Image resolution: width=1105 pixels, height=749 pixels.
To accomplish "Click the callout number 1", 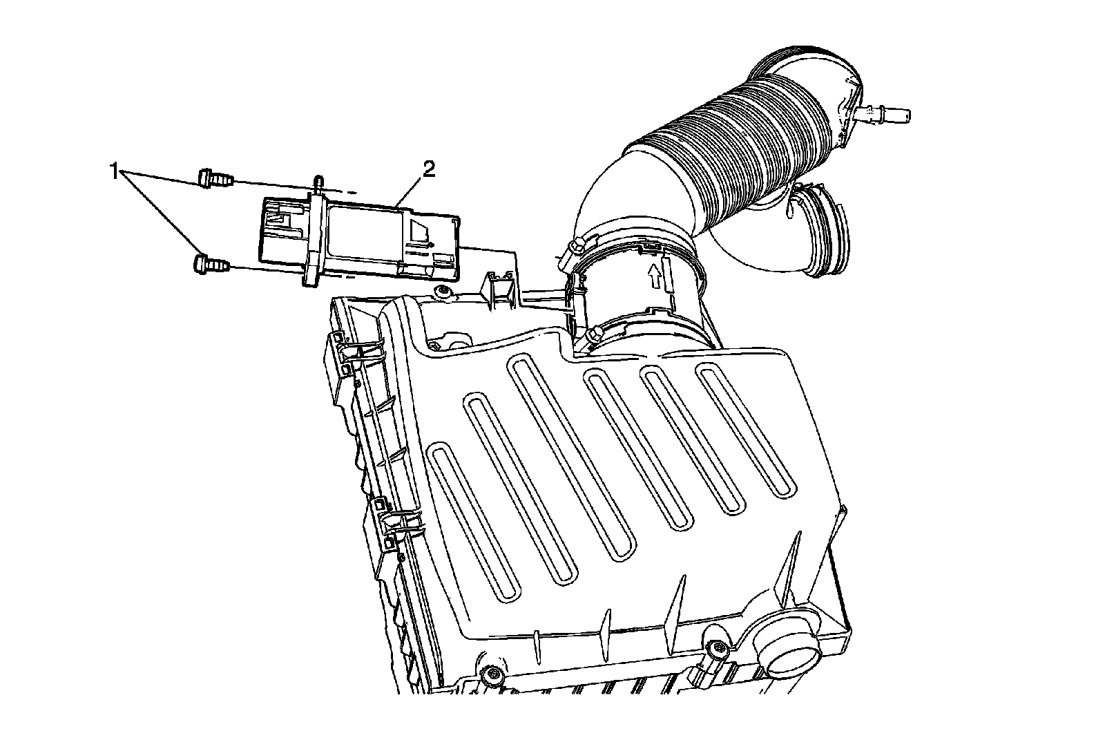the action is pos(114,172).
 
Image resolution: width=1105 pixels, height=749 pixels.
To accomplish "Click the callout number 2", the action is pos(429,170).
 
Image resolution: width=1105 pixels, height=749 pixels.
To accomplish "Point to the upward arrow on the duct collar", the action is pos(655,275).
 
